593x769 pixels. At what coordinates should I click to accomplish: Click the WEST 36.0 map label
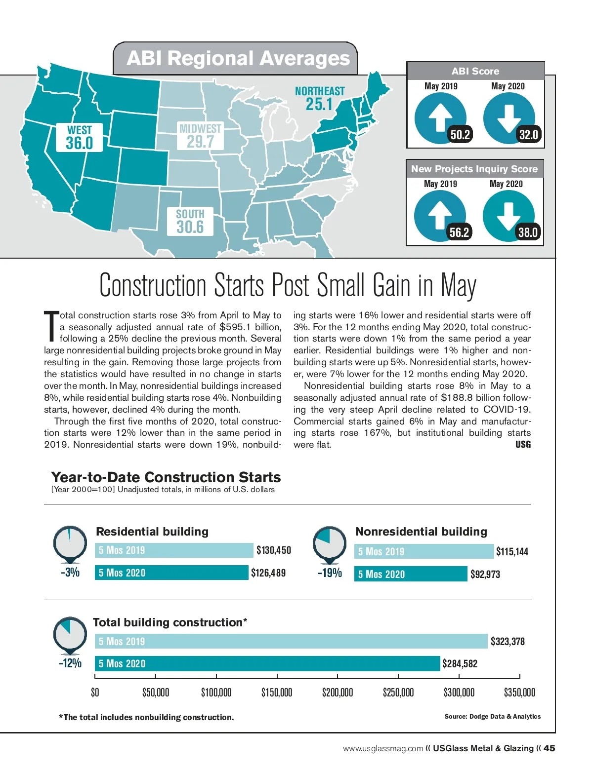tap(80, 137)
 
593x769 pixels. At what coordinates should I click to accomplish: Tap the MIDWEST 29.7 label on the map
tap(200, 136)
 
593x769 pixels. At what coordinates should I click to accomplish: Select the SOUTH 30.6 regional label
tap(190, 221)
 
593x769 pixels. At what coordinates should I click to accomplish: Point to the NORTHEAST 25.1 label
tap(320, 98)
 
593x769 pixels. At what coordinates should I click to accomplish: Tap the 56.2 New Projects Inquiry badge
tap(459, 232)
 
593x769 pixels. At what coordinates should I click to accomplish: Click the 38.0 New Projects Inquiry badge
tap(527, 232)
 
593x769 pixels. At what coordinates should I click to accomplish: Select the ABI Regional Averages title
tap(238, 59)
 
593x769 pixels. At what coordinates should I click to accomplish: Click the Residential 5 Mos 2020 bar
tap(171, 573)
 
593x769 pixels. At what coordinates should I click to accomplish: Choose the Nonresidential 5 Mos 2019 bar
tap(424, 551)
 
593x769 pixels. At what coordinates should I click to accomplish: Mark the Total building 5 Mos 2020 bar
tap(267, 663)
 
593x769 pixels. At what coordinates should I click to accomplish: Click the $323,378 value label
tap(508, 642)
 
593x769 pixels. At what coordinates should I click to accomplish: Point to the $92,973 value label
tap(485, 574)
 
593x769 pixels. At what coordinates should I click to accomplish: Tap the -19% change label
tap(330, 573)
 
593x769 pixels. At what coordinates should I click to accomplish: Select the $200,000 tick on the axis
tap(338, 692)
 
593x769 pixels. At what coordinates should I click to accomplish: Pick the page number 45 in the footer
tap(549, 748)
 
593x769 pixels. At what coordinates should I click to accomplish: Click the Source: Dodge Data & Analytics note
tap(492, 716)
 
